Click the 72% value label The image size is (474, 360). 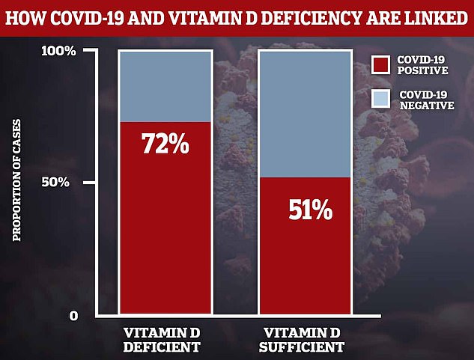pyautogui.click(x=166, y=142)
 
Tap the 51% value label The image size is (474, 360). pyautogui.click(x=309, y=210)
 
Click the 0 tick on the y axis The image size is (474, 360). pyautogui.click(x=73, y=315)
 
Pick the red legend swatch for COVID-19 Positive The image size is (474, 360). pyautogui.click(x=381, y=65)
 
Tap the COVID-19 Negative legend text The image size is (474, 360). pyautogui.click(x=426, y=100)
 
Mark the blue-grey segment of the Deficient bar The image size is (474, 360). pyautogui.click(x=165, y=86)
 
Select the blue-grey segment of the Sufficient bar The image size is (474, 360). pyautogui.click(x=304, y=112)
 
